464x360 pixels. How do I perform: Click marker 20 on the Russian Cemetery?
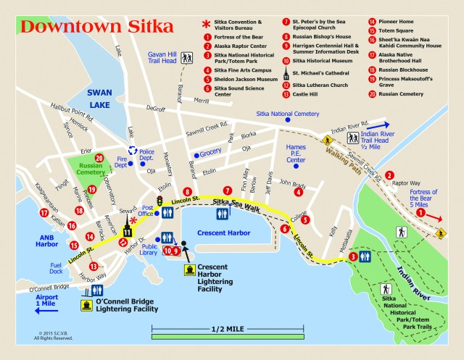[99, 158]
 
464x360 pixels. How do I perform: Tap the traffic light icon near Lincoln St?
[161, 200]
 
